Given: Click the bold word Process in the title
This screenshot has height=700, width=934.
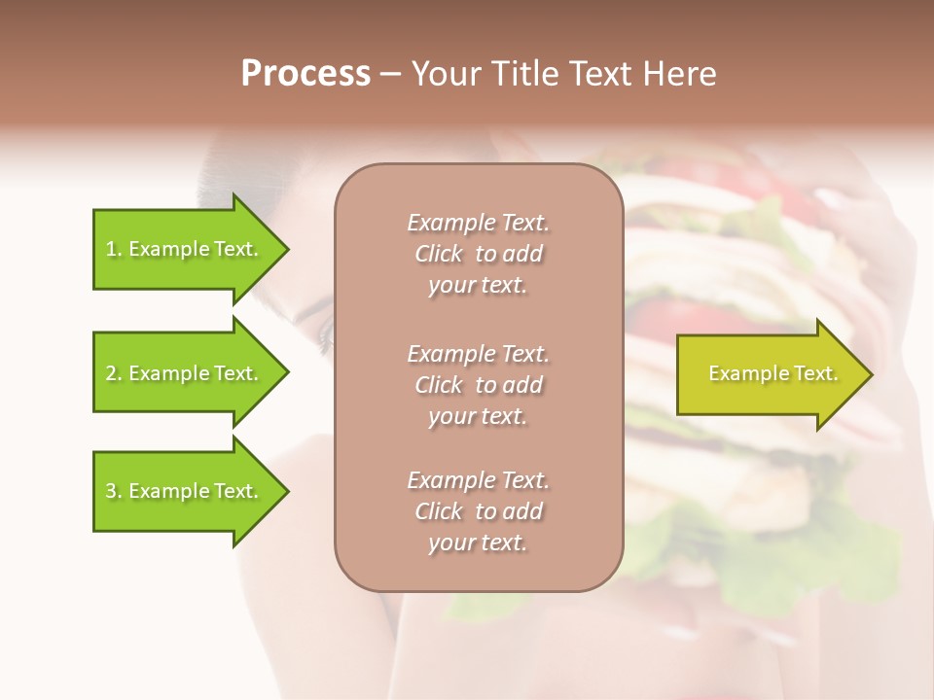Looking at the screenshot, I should point(305,73).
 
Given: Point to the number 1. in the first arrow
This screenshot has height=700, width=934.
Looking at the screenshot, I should point(114,250).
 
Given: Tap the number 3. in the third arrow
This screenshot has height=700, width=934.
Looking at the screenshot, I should point(114,492).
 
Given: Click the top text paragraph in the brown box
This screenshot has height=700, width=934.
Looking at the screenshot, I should point(478,254).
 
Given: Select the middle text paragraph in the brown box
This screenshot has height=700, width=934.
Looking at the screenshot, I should point(478,384).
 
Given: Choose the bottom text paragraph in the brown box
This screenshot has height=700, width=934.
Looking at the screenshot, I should point(478,511).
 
